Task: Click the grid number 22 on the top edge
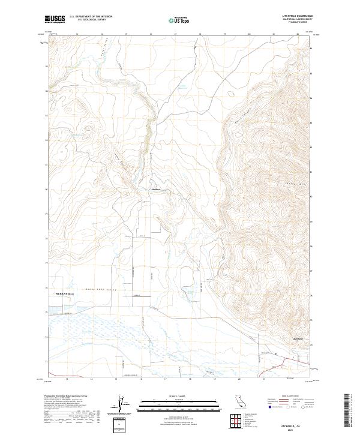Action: [298, 34]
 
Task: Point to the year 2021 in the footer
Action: [287, 428]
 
